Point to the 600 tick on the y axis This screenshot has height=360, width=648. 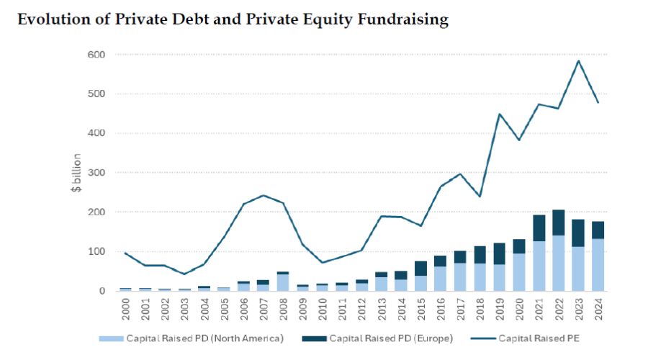96,55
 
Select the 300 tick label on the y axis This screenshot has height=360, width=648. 96,173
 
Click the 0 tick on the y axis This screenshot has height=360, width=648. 102,291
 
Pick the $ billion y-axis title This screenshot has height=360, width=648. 76,173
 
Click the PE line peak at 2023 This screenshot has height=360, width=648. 578,60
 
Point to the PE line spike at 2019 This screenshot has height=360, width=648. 499,114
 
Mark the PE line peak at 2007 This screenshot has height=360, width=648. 264,195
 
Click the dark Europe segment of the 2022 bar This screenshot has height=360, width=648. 559,222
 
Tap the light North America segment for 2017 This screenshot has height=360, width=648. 460,277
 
